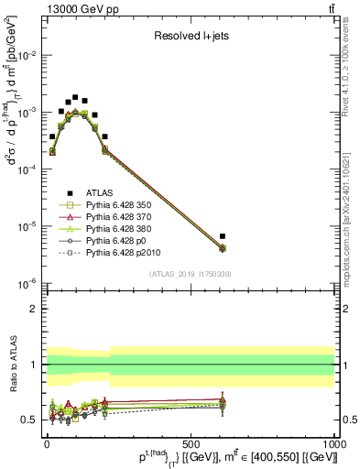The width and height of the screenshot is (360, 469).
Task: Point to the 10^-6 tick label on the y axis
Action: click(29, 283)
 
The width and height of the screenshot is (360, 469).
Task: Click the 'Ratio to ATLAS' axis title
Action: click(10, 364)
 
